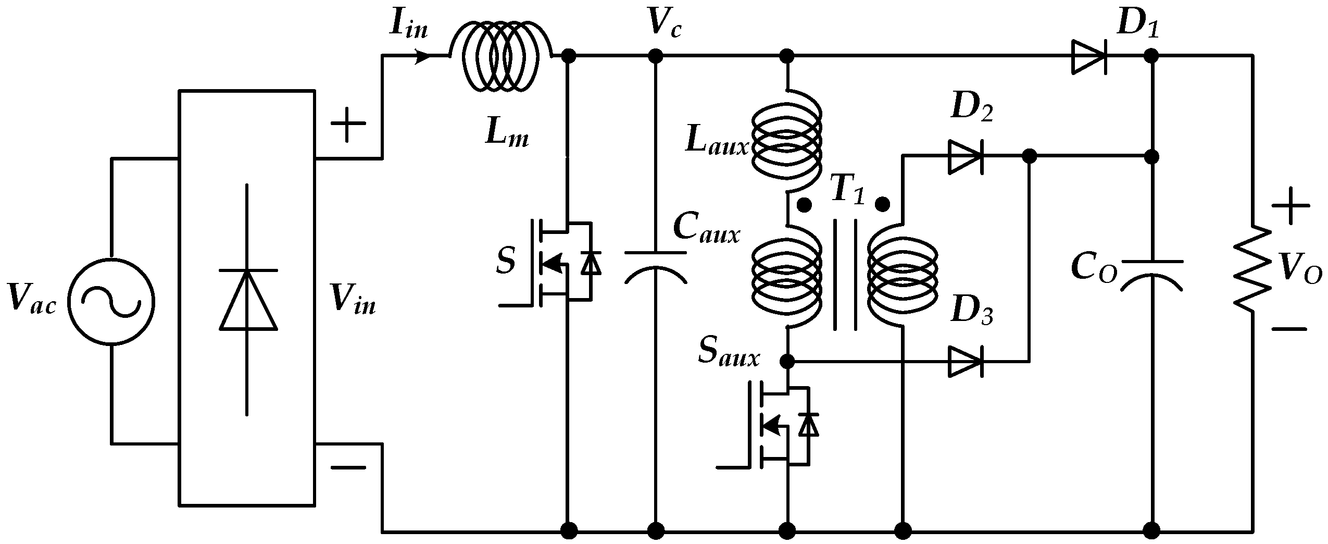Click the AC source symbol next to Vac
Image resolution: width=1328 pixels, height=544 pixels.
[x=111, y=301]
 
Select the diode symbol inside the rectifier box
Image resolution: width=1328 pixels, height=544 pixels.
[x=247, y=301]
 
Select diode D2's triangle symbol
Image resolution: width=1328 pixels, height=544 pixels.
[x=965, y=156]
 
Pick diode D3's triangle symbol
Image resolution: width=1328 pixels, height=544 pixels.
[x=965, y=361]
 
